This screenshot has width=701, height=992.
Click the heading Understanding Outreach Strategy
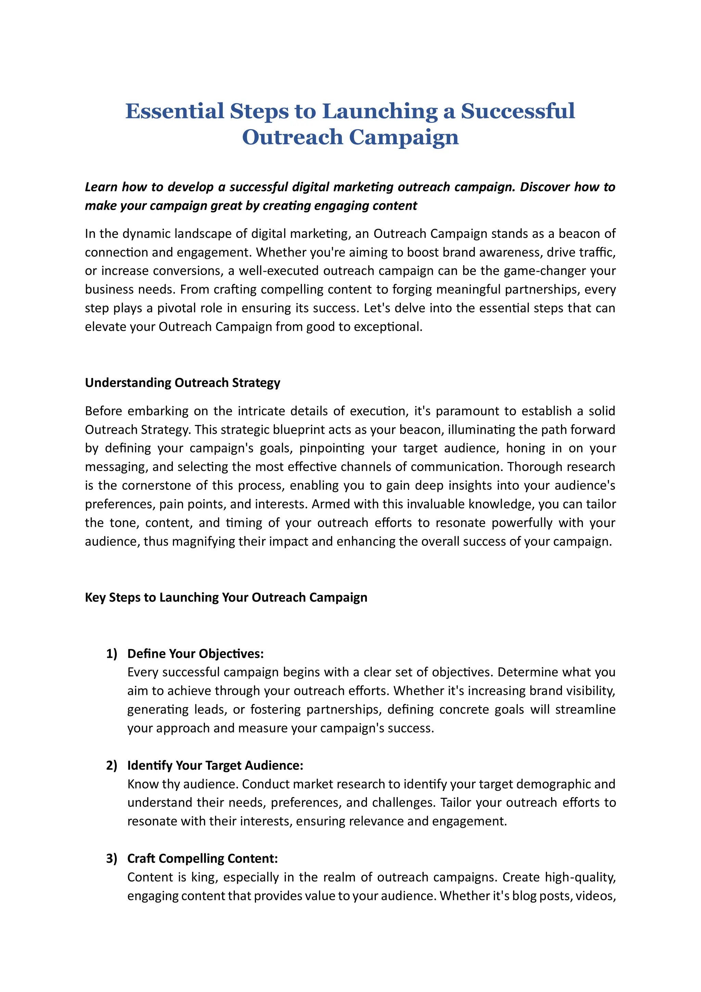pos(182,383)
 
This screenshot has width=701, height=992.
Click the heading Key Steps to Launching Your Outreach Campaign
pos(226,598)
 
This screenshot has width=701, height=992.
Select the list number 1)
pos(112,654)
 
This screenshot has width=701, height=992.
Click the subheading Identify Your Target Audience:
pos(215,766)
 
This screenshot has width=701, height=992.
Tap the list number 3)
pos(112,858)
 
